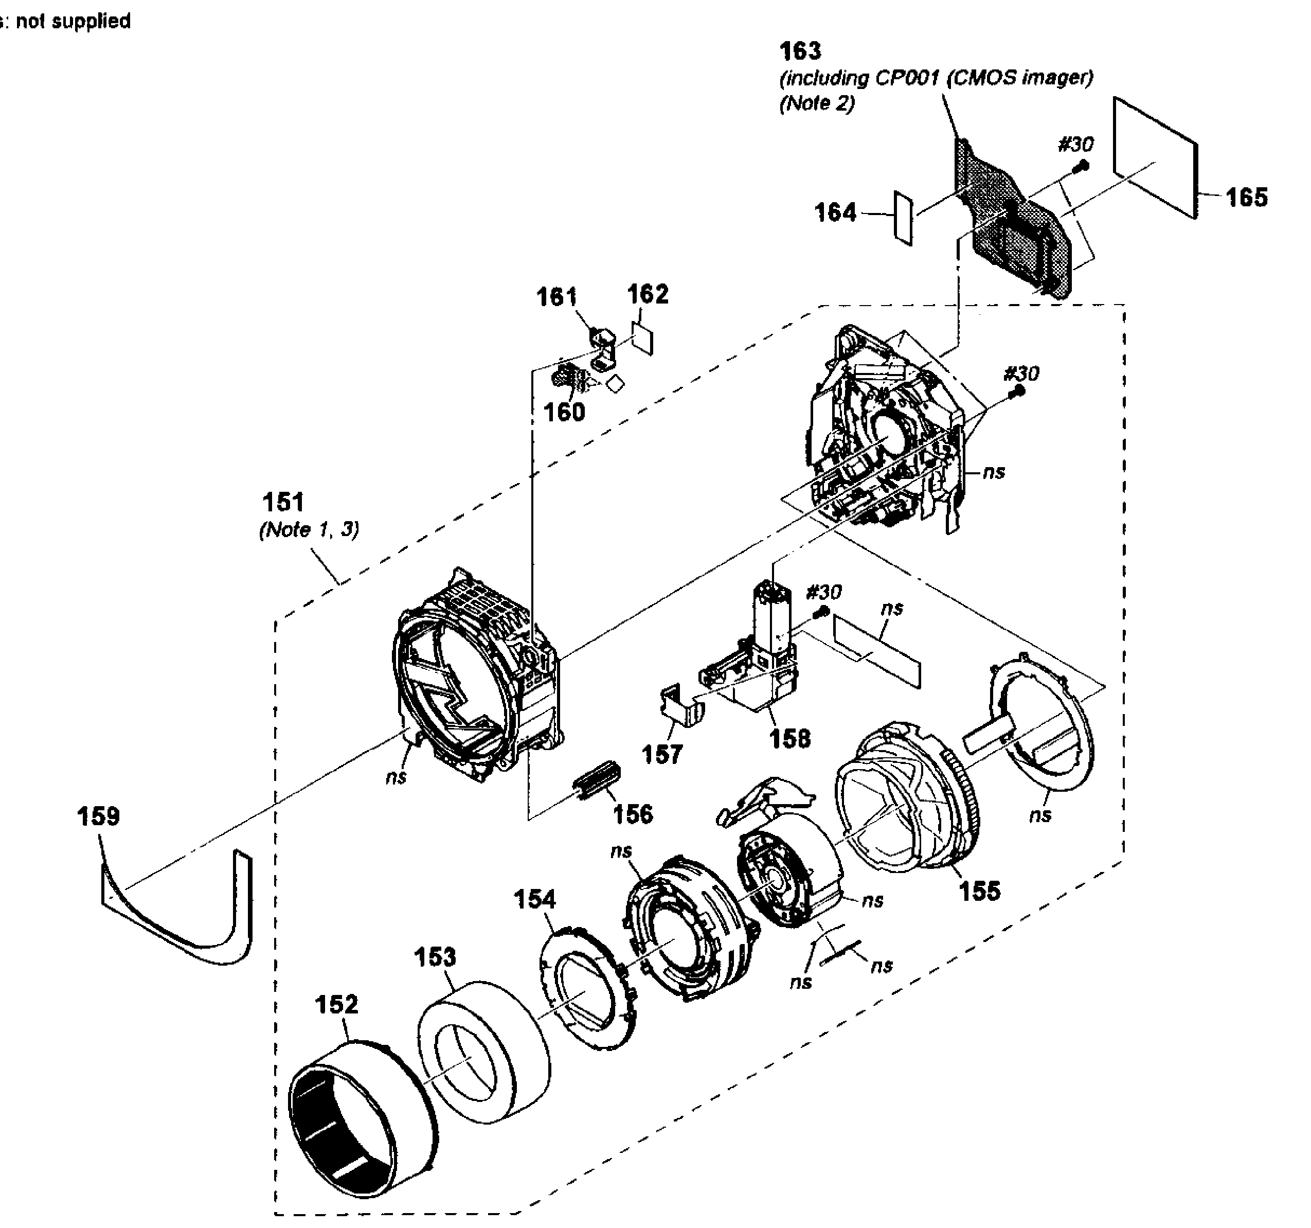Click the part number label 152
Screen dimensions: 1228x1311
tap(336, 1004)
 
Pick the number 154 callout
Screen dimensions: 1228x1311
tap(534, 899)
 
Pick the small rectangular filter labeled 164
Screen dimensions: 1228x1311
tap(903, 218)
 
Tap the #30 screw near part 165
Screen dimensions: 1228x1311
tap(1082, 168)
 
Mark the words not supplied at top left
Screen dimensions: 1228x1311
tap(73, 21)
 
